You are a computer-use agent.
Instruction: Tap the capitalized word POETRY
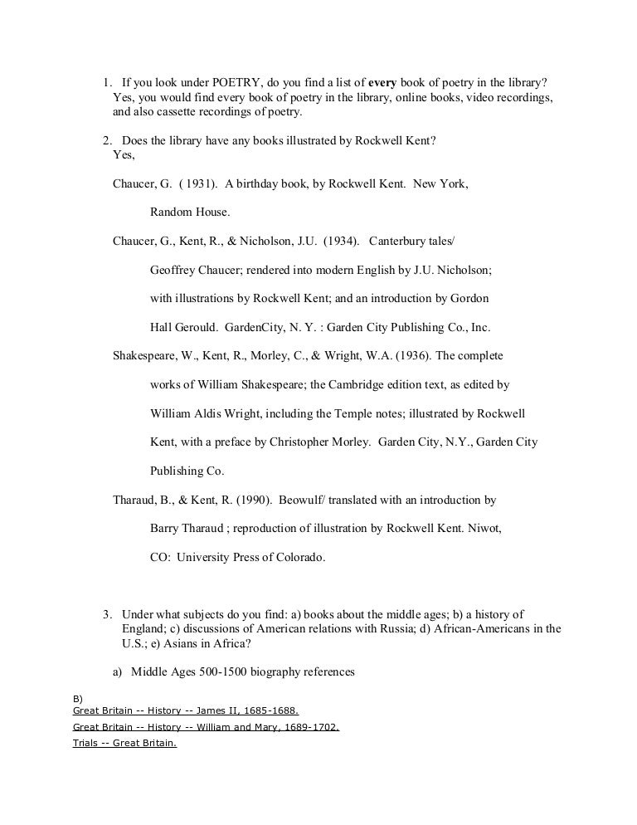coord(214,83)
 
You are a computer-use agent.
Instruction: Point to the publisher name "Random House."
coord(190,212)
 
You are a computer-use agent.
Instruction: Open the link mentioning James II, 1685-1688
coord(186,711)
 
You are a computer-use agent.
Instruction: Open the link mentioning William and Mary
coord(206,727)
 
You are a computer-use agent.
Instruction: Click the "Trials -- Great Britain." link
coord(124,743)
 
